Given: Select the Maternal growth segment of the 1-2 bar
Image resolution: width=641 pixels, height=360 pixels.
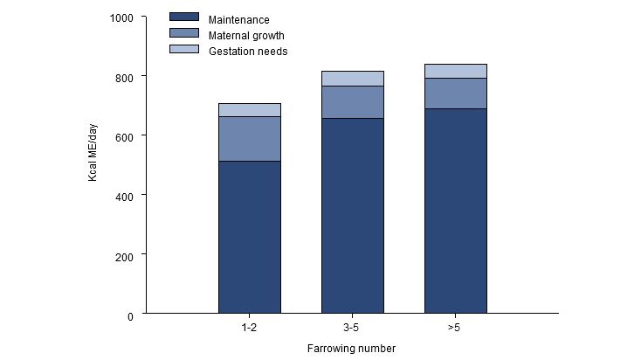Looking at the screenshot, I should tap(249, 139).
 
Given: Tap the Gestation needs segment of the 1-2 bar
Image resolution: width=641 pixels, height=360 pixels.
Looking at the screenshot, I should tap(249, 110).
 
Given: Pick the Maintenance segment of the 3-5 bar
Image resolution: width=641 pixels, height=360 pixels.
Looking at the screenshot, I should tap(352, 215).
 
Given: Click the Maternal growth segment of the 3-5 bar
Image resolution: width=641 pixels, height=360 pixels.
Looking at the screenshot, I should tap(352, 102).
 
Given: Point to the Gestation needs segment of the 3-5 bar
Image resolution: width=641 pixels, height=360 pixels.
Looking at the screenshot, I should tap(352, 79).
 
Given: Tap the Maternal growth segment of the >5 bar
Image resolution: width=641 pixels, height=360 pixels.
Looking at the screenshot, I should tap(455, 93).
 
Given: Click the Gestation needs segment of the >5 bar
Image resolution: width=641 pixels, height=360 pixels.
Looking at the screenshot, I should tap(455, 71).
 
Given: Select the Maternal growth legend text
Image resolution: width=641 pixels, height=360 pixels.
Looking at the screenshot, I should tap(246, 35).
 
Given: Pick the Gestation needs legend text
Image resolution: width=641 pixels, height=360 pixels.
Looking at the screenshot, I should tap(248, 52).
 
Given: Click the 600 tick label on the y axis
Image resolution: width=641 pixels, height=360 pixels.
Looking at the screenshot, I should tap(127, 136).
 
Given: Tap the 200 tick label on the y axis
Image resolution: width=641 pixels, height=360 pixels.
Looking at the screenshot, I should tap(127, 255).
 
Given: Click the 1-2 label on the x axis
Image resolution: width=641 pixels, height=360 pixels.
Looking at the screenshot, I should tap(249, 329).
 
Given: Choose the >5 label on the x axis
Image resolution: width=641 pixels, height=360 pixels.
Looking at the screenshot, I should tap(455, 329).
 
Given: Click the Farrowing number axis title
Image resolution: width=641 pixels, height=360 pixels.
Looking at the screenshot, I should tap(351, 349).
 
